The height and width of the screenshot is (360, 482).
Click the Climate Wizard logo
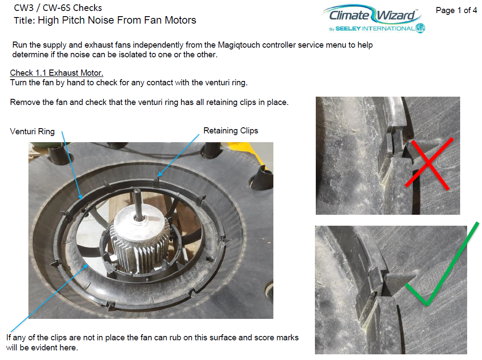pyautogui.click(x=374, y=18)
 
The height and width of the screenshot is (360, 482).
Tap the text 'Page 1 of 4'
pyautogui.click(x=456, y=10)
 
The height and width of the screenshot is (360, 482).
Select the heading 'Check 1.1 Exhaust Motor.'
pyautogui.click(x=56, y=73)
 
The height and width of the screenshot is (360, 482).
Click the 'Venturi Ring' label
pyautogui.click(x=32, y=132)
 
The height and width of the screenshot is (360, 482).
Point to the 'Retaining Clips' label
pyautogui.click(x=231, y=131)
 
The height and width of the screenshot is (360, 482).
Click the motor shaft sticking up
pyautogui.click(x=137, y=203)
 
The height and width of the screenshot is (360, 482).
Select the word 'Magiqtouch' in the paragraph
pyautogui.click(x=239, y=45)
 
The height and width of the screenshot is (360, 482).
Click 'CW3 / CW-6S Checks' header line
pyautogui.click(x=58, y=8)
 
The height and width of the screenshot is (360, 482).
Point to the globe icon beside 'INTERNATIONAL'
pyautogui.click(x=420, y=28)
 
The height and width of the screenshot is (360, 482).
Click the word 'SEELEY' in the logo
pyautogui.click(x=348, y=28)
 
